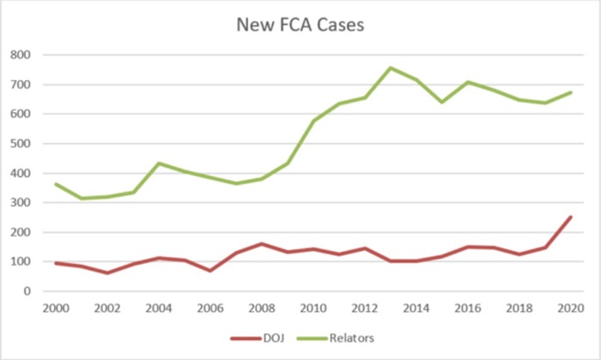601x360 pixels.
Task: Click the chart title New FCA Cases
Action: pos(300,25)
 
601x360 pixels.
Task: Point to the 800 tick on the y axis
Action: pos(32,55)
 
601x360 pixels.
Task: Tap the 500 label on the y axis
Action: pos(32,143)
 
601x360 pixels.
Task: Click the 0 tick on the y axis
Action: pos(39,291)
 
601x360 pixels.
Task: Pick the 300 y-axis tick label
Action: pos(32,203)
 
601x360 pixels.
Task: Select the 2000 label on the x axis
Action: pos(57,307)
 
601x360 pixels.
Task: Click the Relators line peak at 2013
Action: pos(391,68)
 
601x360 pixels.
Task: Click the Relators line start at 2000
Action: pos(57,184)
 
